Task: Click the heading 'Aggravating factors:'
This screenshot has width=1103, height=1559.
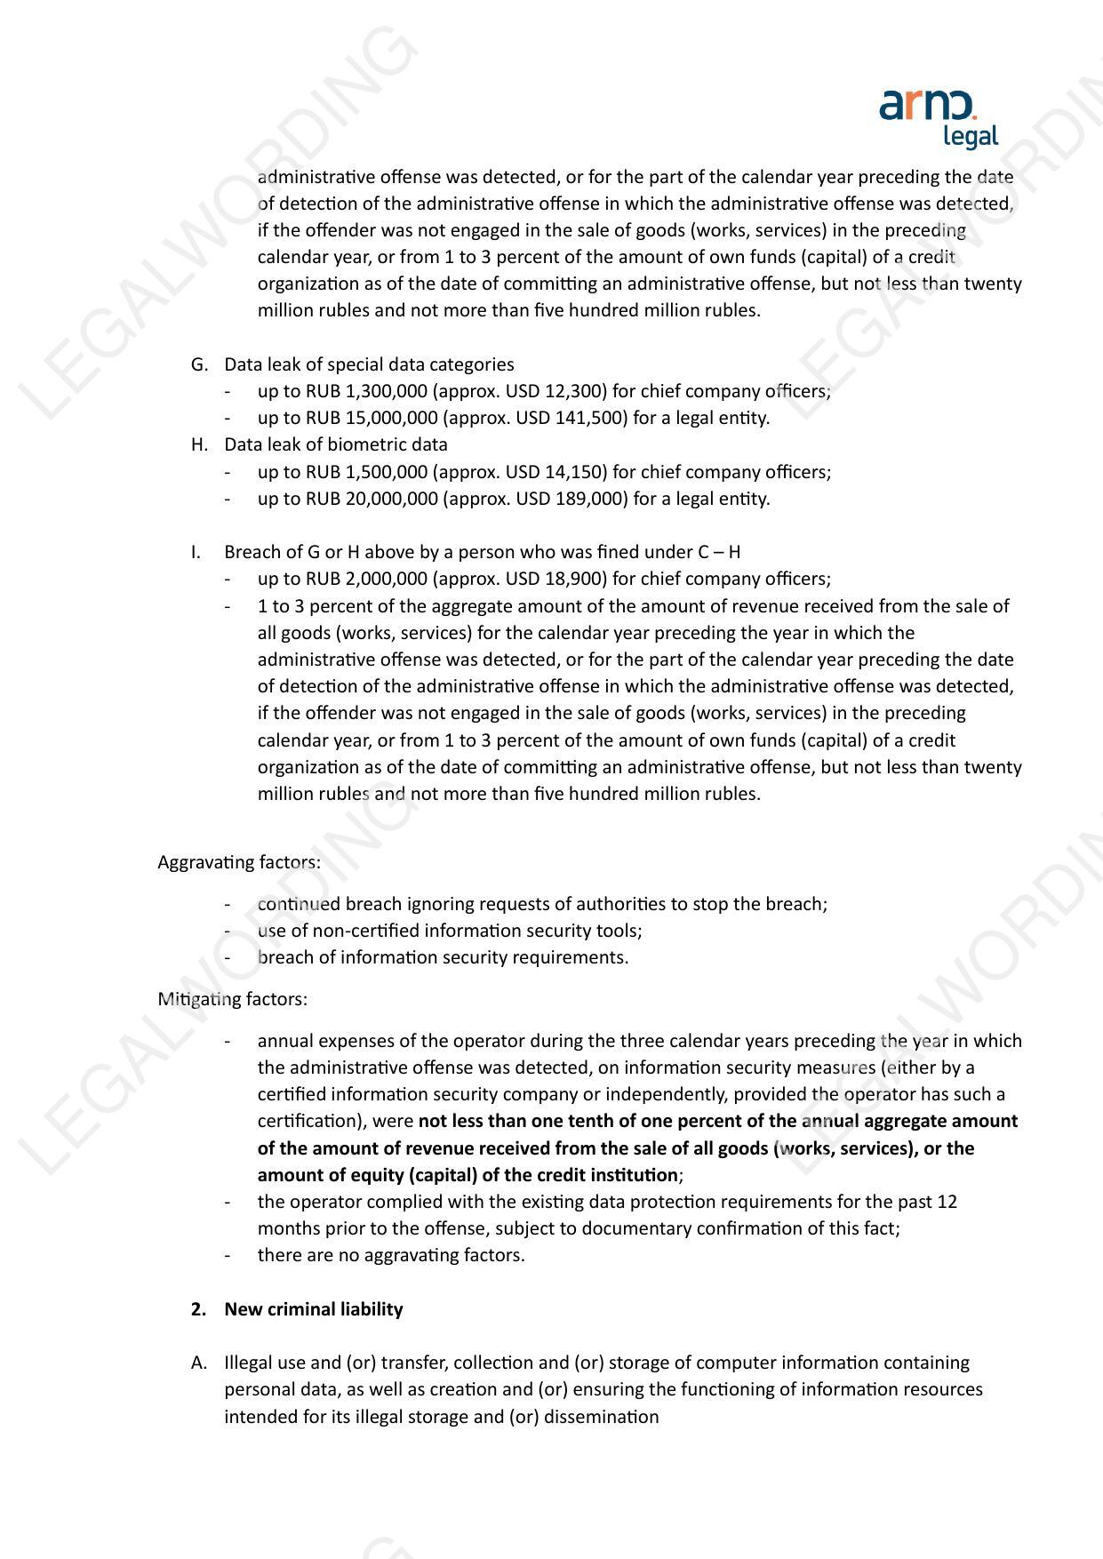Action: (x=239, y=862)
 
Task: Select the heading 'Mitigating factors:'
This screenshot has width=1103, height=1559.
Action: (x=233, y=999)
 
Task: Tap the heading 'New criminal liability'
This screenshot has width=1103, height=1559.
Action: (x=313, y=1309)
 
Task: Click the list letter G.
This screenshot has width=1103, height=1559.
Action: (x=199, y=364)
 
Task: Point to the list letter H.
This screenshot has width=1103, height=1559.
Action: (x=199, y=444)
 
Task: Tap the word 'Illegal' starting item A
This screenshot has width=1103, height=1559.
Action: (x=251, y=1363)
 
